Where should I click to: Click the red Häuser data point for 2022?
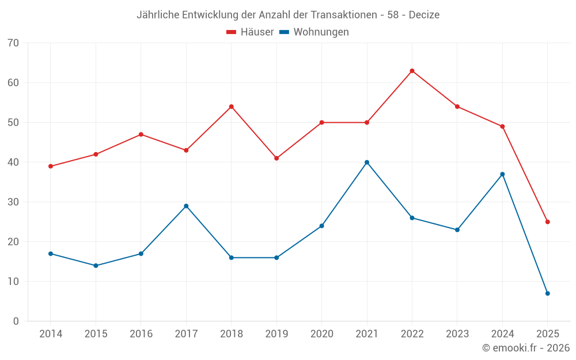412,71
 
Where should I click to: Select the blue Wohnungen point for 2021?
367,162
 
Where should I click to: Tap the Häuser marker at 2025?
548,222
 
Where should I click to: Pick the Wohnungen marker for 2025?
548,294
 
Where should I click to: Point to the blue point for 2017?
186,206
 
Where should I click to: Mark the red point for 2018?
232,107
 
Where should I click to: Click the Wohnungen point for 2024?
502,174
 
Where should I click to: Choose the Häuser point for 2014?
51,166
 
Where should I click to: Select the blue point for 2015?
96,266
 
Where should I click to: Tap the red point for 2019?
276,158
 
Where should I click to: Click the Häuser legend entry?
250,32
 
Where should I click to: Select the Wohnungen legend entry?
314,32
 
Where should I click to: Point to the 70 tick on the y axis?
13,43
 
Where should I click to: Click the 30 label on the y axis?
13,202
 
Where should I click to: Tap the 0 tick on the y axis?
16,321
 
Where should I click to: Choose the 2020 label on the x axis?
321,334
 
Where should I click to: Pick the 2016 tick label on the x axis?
141,334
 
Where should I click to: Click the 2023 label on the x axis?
457,334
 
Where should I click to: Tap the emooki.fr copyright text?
526,348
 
